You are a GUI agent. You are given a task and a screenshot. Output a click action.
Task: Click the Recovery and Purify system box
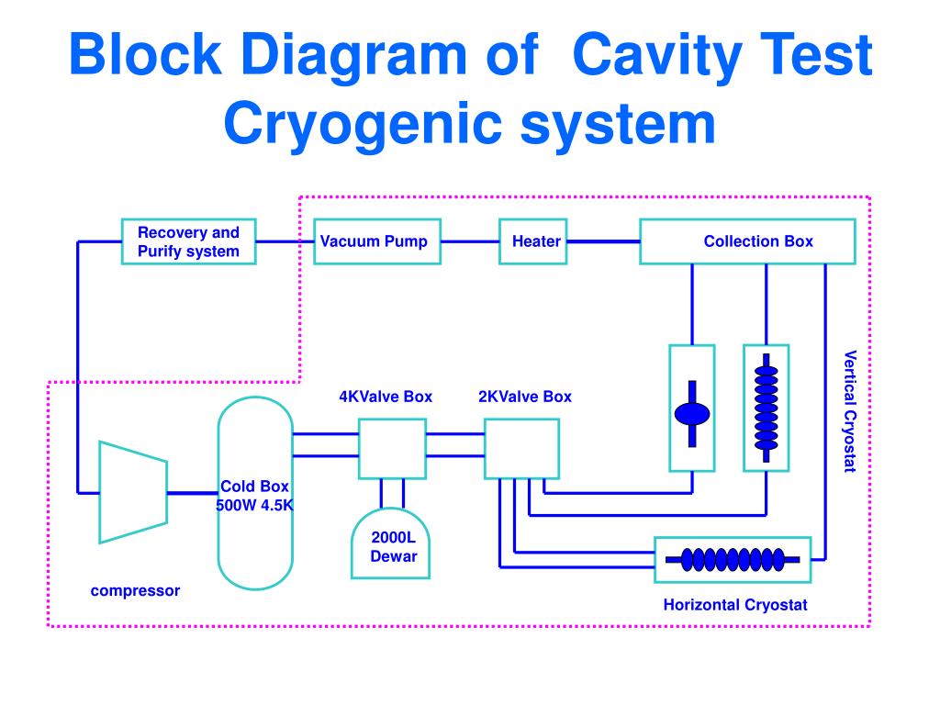pos(189,241)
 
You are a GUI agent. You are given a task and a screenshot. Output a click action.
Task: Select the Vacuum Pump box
pos(377,241)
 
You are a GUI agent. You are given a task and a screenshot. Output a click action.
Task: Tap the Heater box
pos(533,241)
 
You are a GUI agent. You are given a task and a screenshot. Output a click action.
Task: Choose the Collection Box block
pos(747,241)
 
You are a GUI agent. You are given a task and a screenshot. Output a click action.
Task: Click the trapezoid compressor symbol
pos(133,492)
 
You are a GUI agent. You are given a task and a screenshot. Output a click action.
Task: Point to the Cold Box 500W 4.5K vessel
pos(255,493)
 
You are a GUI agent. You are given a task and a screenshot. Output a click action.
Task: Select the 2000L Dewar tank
pos(390,543)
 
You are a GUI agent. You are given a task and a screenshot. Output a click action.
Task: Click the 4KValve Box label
pos(386,397)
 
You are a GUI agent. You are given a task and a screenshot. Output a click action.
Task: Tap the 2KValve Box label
pos(525,397)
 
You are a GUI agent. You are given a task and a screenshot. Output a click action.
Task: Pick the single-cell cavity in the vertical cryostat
pos(692,414)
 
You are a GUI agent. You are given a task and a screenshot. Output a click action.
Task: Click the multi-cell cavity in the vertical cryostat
pos(767,408)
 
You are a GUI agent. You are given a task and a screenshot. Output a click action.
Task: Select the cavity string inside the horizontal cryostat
pos(733,560)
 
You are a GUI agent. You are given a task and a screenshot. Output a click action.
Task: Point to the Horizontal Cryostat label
pos(735,605)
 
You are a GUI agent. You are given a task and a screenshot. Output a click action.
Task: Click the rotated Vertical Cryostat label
pos(850,412)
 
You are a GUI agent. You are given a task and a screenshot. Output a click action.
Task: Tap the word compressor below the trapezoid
pos(135,591)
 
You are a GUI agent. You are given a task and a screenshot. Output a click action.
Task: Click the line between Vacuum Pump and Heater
pos(470,241)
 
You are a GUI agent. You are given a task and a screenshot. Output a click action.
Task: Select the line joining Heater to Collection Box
pos(604,241)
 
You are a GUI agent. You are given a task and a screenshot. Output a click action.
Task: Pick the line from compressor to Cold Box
pos(193,493)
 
